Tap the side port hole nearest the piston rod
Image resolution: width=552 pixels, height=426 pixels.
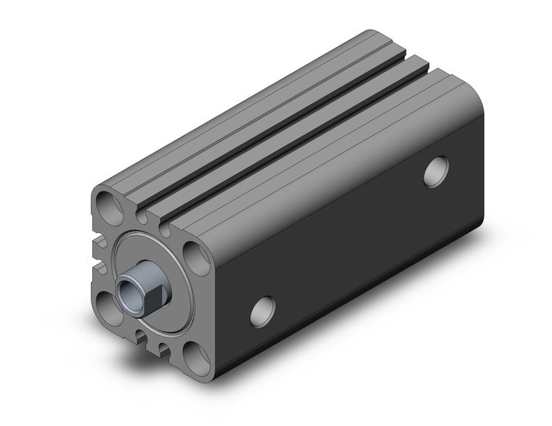(x=262, y=311)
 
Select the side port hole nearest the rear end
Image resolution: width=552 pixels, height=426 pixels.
(x=437, y=173)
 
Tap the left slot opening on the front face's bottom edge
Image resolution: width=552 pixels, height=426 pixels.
(x=138, y=335)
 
